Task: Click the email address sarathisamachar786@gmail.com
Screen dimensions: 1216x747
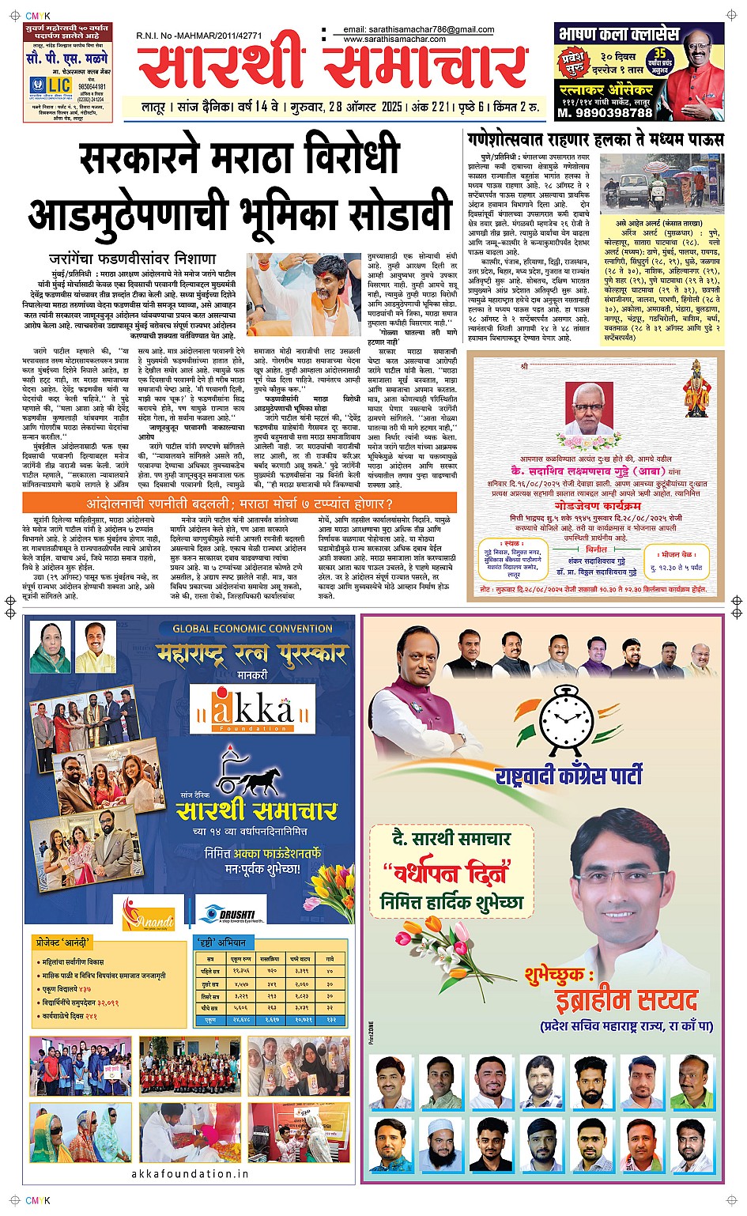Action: point(419,29)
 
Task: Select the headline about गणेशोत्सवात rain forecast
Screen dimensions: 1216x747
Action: point(594,140)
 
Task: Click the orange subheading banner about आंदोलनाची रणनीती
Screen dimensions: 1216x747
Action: point(240,503)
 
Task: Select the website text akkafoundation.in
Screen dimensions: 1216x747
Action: point(190,1173)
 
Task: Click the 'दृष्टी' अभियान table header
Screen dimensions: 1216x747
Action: point(221,942)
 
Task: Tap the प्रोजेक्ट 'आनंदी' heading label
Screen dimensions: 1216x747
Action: point(64,942)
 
